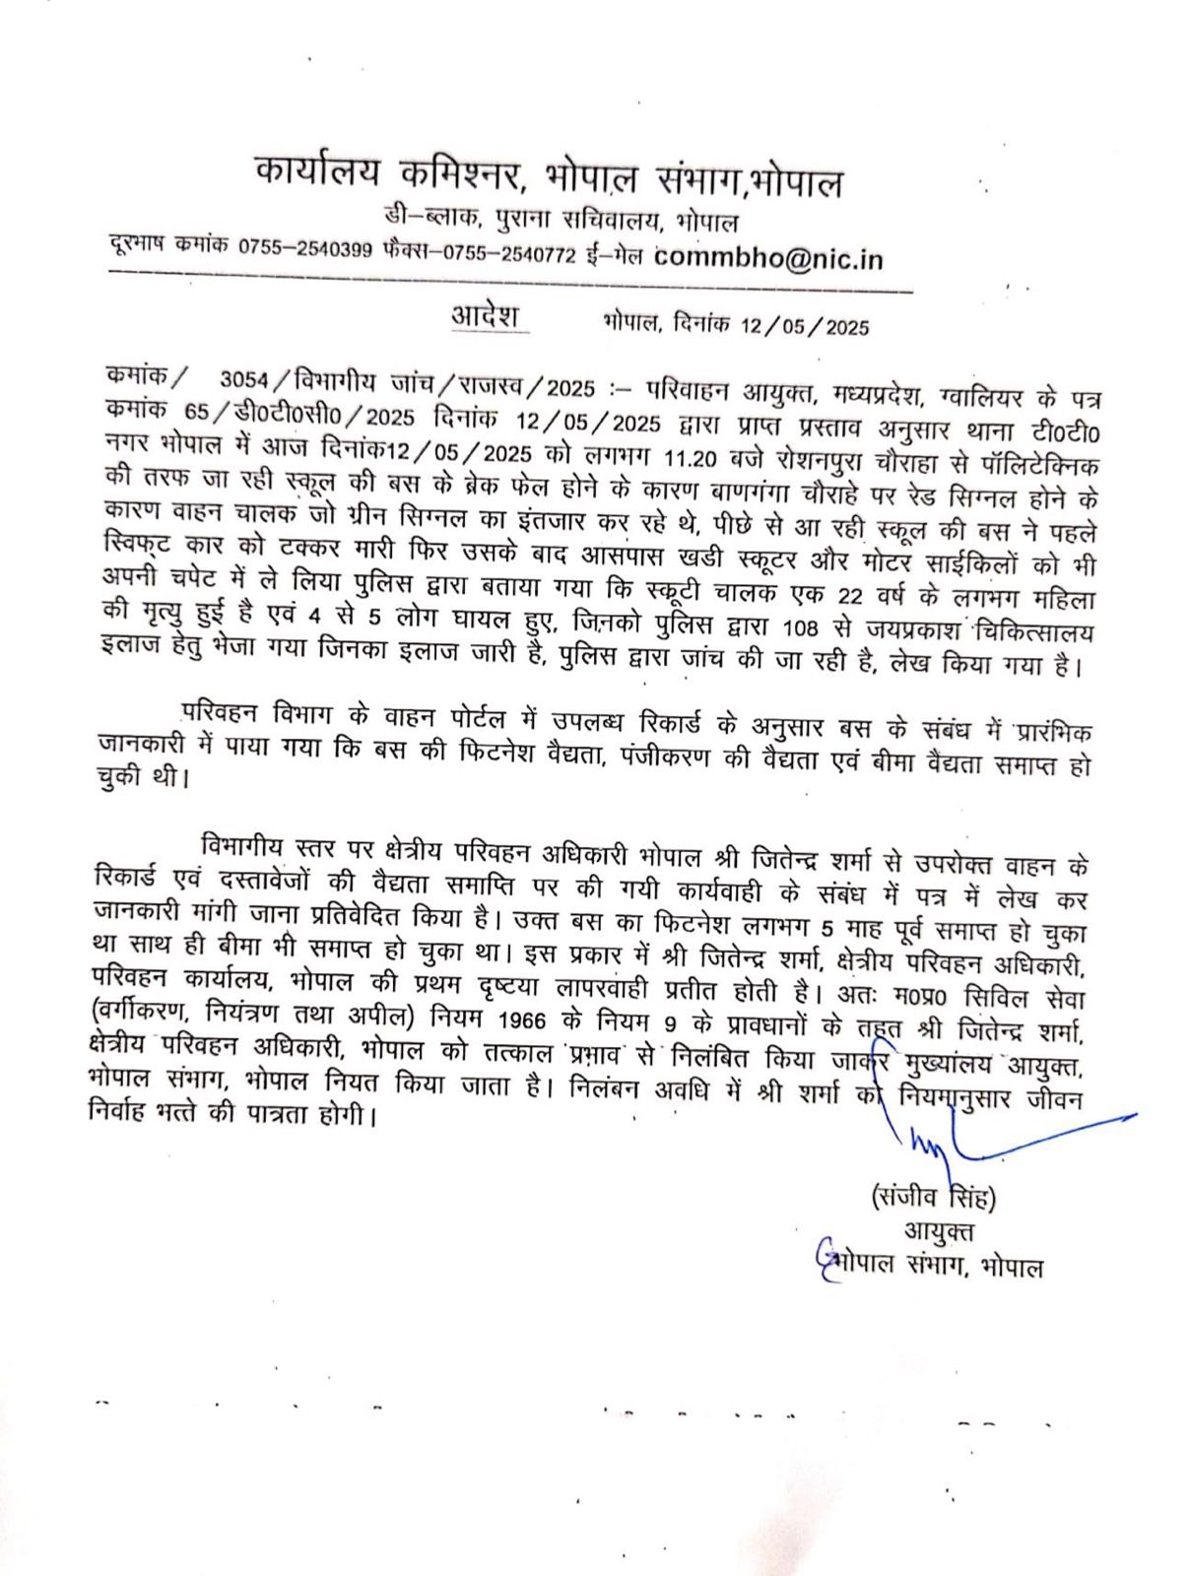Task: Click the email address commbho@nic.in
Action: pyautogui.click(x=768, y=258)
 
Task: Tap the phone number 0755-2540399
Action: pyautogui.click(x=305, y=251)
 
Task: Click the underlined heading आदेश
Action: pyautogui.click(x=485, y=316)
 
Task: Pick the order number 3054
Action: pyautogui.click(x=246, y=380)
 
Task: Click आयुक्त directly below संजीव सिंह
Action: pyautogui.click(x=938, y=1231)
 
